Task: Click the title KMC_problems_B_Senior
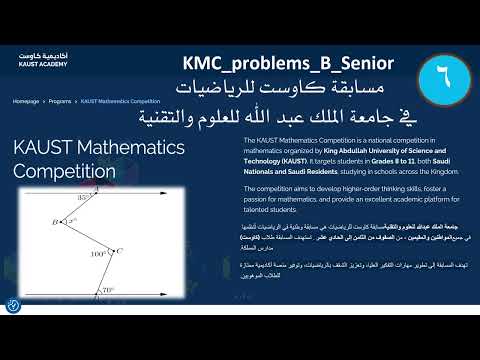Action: click(x=288, y=63)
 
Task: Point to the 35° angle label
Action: click(x=84, y=199)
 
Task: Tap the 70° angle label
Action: click(x=108, y=290)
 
